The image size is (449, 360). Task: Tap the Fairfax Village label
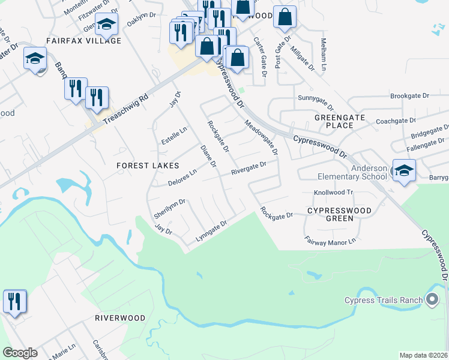[x=84, y=41]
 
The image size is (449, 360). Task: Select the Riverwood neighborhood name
[x=120, y=317]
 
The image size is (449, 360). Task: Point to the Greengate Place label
[x=339, y=121]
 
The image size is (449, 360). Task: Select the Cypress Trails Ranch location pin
[x=432, y=300]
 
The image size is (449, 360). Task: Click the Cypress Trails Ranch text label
[x=383, y=300]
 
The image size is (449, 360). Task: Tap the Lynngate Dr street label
[x=211, y=232]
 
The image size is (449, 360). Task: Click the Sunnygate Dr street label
[x=315, y=97]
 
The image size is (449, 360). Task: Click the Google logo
[x=20, y=353]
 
